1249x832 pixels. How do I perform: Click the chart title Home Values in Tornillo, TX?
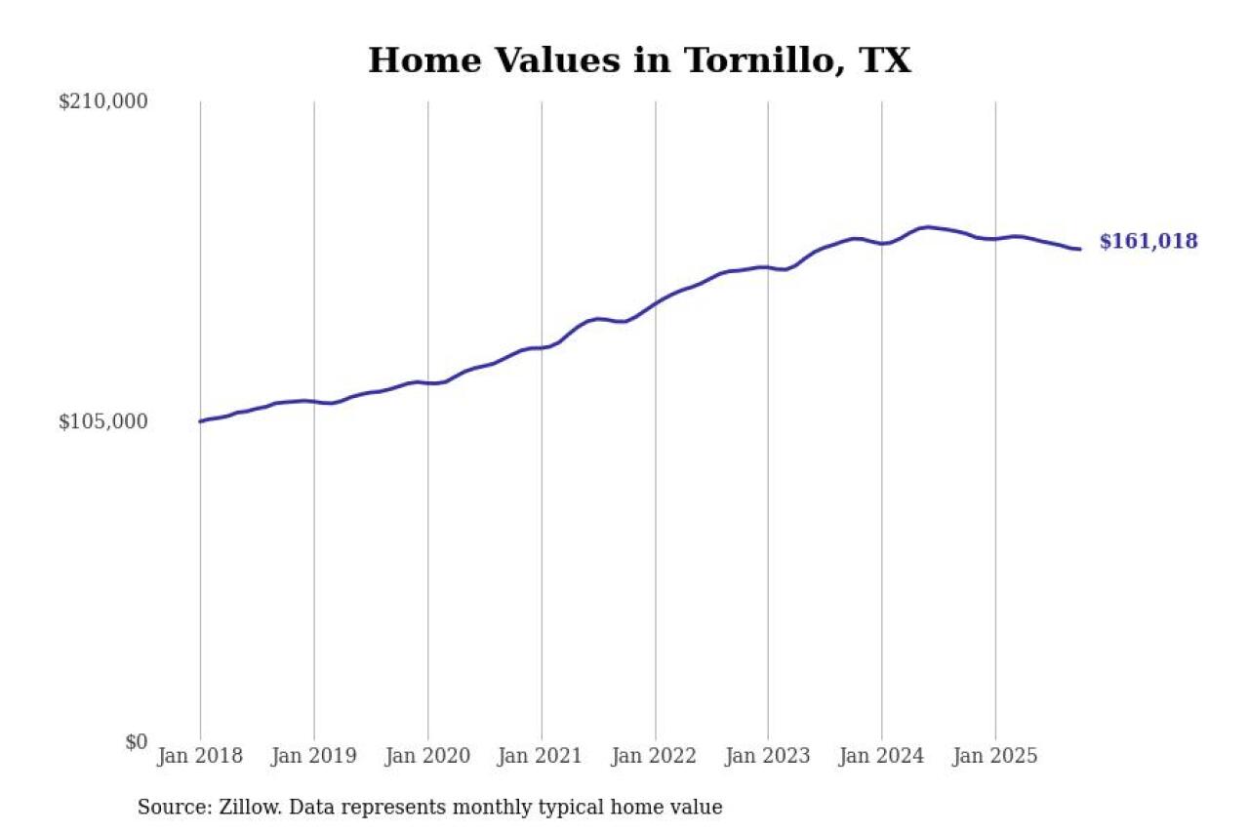tap(639, 60)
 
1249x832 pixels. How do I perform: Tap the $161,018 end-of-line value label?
tap(1148, 242)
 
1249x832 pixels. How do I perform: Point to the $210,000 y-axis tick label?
tap(102, 101)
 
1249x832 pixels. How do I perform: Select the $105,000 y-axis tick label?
tap(102, 421)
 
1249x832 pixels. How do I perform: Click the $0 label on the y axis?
tap(136, 741)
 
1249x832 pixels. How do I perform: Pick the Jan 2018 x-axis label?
tap(200, 756)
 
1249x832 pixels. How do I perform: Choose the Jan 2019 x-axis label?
tap(314, 756)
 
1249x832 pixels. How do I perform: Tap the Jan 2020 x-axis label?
tap(427, 756)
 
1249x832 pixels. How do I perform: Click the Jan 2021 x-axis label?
tap(542, 756)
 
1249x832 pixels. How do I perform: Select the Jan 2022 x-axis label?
tap(655, 756)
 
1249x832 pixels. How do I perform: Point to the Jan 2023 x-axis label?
tap(768, 756)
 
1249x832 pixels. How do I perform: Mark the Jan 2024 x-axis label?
tap(882, 756)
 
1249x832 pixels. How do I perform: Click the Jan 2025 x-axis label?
tap(995, 756)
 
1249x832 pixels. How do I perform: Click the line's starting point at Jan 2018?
tap(200, 421)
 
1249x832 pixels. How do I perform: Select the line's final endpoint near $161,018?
tap(1079, 249)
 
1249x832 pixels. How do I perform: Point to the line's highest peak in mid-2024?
tap(927, 226)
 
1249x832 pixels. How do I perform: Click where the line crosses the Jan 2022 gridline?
tap(655, 303)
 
